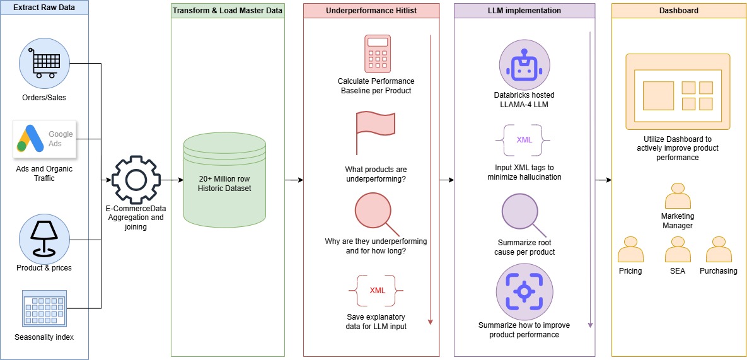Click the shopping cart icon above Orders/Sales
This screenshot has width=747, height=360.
[x=44, y=64]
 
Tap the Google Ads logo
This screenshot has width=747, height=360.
[x=45, y=139]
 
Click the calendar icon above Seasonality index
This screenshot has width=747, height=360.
[x=44, y=308]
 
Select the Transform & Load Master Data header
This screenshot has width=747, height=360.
[x=228, y=11]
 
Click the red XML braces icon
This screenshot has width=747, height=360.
[x=376, y=291]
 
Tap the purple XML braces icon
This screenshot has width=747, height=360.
[x=523, y=141]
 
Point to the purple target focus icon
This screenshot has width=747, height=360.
[x=524, y=291]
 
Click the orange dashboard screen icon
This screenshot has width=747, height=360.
[x=678, y=91]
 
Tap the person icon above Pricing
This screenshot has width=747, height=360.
[x=630, y=249]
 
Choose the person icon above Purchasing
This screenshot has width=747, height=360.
[x=719, y=249]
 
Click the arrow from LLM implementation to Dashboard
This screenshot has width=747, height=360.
[x=603, y=180]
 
